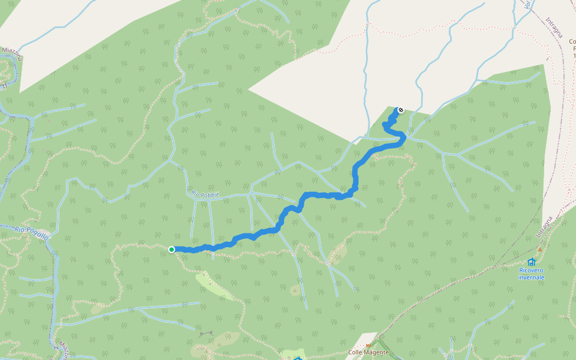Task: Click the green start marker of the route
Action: [172, 250]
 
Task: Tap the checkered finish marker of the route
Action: [400, 110]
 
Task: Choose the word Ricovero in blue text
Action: [532, 270]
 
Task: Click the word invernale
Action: [532, 277]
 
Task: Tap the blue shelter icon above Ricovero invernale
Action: [532, 262]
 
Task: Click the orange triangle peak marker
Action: [539, 249]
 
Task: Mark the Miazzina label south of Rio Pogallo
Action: [62, 349]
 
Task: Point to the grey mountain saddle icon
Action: [206, 334]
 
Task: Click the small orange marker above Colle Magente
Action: [368, 346]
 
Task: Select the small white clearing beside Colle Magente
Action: [366, 340]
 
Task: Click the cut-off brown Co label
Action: [572, 41]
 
